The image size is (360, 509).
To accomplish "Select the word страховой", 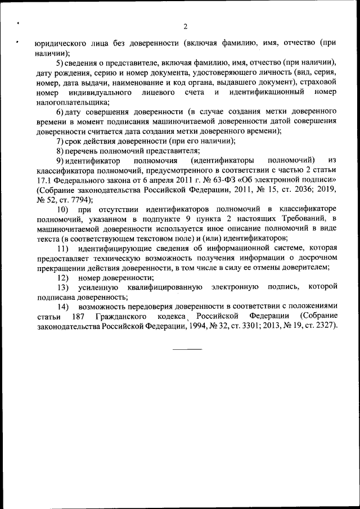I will tap(318, 82).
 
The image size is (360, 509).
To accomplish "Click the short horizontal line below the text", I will tap(187, 349).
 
